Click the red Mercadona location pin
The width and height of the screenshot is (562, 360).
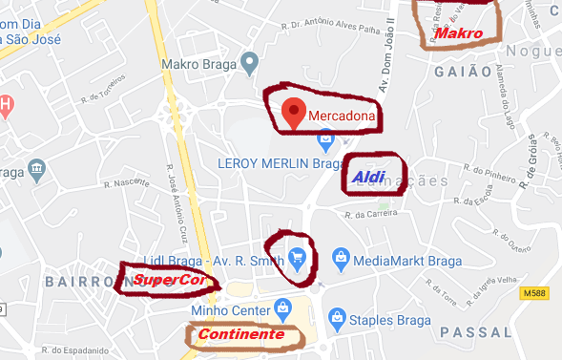tap(295, 113)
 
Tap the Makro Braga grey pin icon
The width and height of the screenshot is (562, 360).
tap(250, 64)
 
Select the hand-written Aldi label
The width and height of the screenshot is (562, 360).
tap(368, 177)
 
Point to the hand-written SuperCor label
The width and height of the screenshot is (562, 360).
tap(170, 280)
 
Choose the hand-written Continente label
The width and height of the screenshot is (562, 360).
tap(240, 335)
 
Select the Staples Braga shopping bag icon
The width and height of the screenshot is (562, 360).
tap(337, 318)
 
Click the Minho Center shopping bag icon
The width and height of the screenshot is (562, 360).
tap(281, 307)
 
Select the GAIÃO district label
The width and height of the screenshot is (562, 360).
tap(462, 72)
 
